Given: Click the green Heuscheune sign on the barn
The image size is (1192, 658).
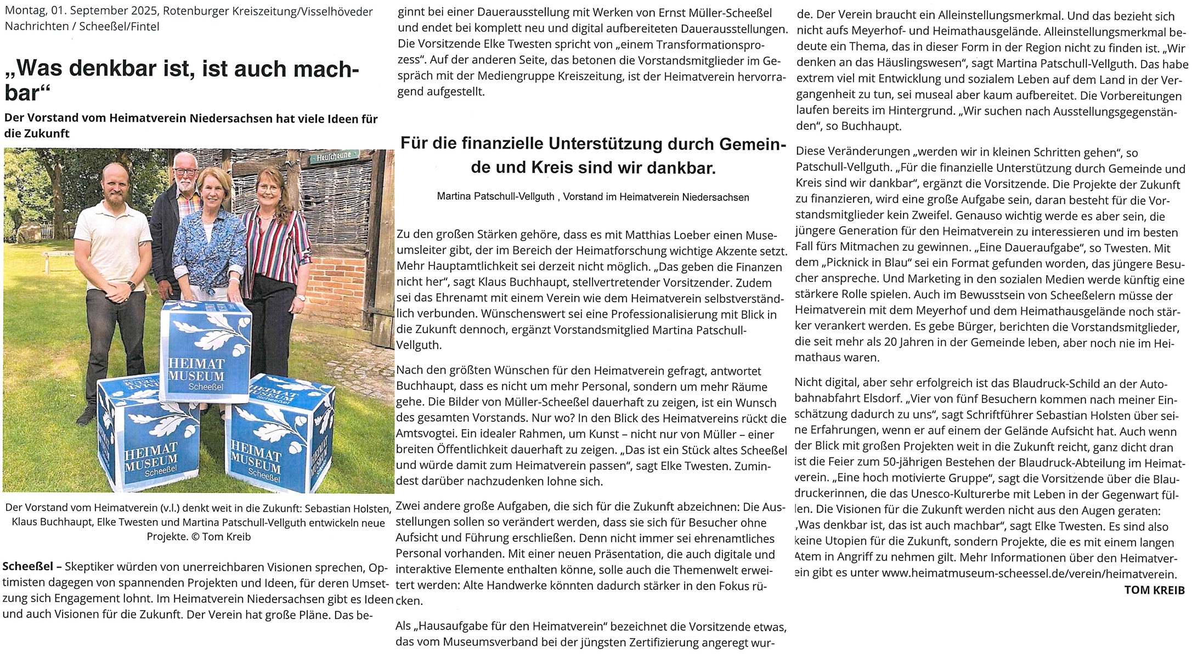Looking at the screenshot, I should pos(334,158).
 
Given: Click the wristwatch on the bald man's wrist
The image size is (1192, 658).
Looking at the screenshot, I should pos(131,285).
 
